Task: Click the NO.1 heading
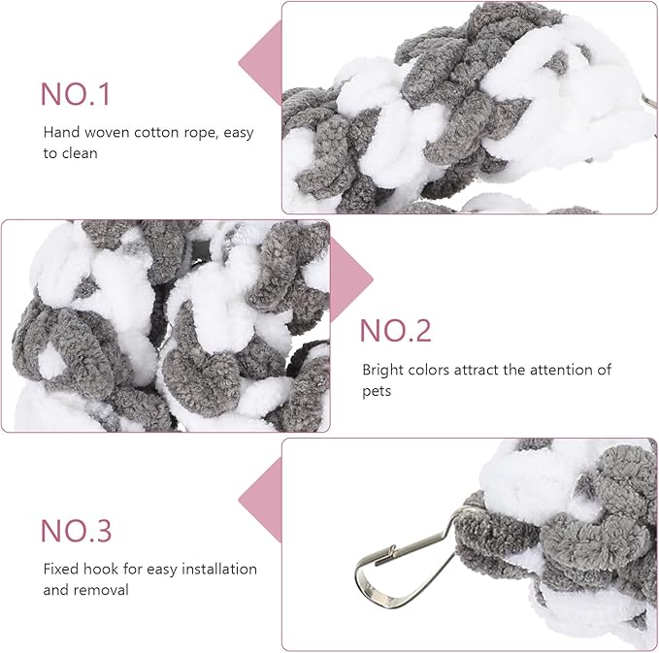(x=76, y=94)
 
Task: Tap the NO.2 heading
(x=395, y=330)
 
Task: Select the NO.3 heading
(x=76, y=531)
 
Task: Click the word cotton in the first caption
(x=144, y=133)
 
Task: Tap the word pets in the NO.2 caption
(x=378, y=390)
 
